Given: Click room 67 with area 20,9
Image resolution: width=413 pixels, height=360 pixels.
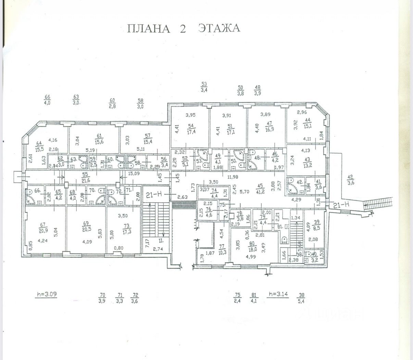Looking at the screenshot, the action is tap(43, 227).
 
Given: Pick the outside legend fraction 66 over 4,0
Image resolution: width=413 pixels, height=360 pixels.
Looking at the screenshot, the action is tap(47, 99).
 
